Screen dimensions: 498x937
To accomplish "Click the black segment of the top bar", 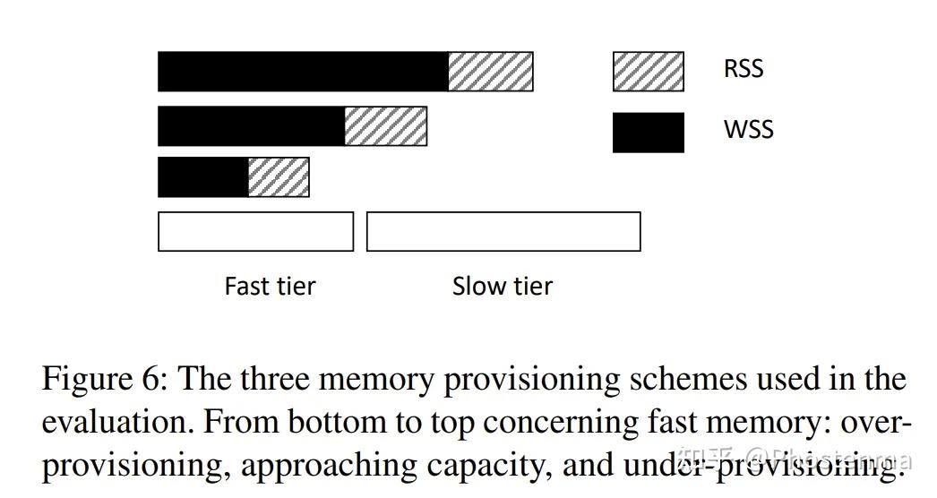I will click(303, 72).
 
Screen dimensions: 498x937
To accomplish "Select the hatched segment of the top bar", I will click(490, 72).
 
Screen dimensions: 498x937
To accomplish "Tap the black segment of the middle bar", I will click(251, 126).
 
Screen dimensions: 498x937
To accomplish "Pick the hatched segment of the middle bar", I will click(385, 126).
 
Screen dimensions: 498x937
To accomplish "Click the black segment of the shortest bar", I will click(202, 177).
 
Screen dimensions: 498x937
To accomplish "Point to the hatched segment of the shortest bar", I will click(278, 177).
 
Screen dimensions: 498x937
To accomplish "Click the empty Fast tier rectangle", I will click(255, 231).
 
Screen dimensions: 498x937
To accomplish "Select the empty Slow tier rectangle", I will click(503, 231).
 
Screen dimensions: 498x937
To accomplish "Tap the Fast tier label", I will click(270, 287).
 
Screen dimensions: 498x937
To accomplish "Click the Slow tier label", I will click(502, 287).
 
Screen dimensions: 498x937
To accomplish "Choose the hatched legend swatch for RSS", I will click(648, 72).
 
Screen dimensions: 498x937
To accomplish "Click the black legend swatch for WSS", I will click(648, 133).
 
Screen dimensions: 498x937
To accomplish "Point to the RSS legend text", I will click(744, 69).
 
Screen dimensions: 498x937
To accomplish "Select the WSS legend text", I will click(748, 130).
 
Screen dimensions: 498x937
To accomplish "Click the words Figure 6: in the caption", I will click(107, 380).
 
